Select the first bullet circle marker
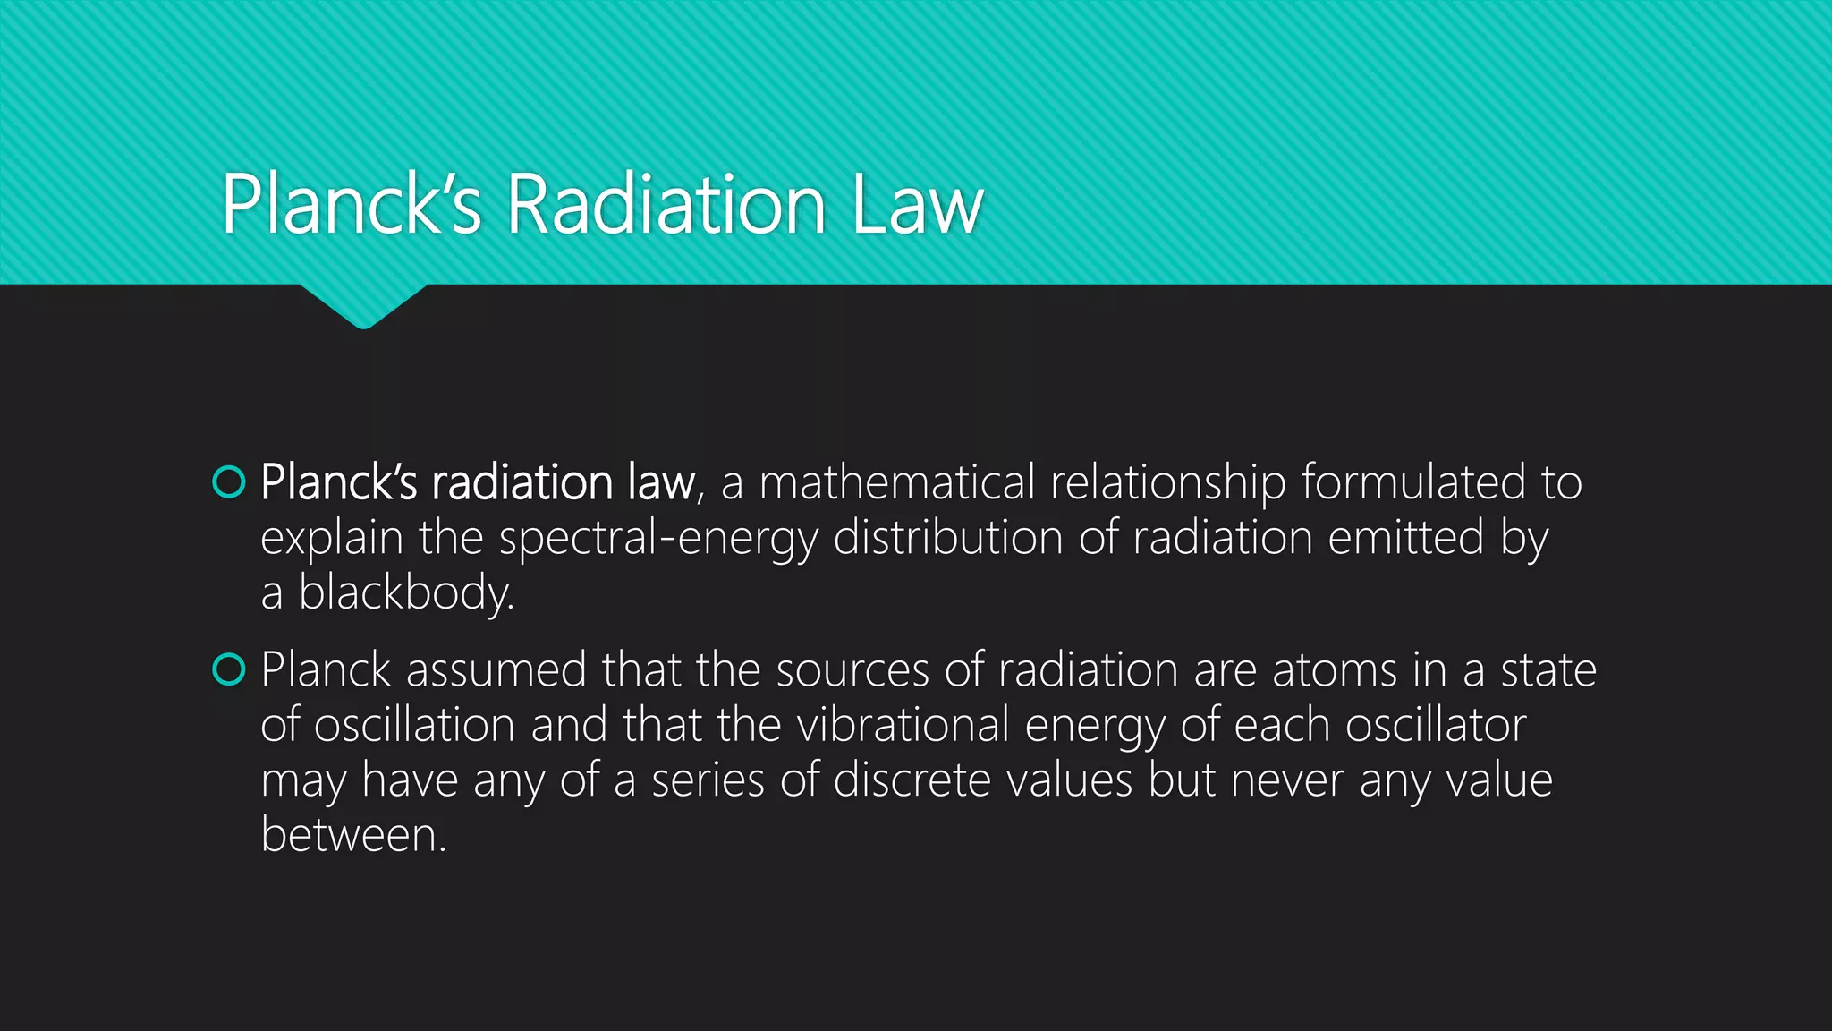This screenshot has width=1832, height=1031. click(229, 481)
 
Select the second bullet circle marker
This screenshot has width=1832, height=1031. click(229, 669)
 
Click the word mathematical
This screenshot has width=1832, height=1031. click(897, 482)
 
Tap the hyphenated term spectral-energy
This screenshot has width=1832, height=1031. click(658, 539)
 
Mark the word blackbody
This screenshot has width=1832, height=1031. click(405, 593)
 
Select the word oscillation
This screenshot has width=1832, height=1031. click(415, 725)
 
